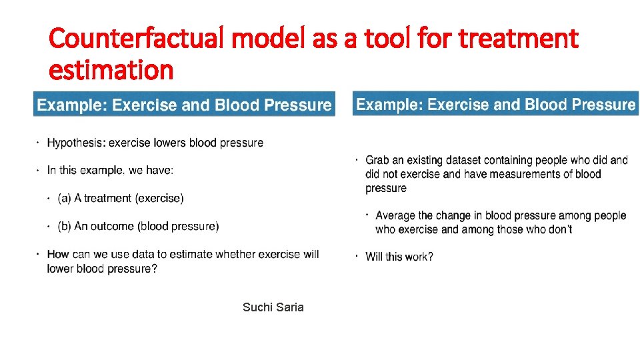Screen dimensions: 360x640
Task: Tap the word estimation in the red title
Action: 111,69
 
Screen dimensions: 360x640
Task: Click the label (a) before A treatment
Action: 65,198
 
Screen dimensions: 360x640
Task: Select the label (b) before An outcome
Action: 65,226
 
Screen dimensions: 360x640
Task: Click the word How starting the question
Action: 58,254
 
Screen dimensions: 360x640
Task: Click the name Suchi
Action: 257,307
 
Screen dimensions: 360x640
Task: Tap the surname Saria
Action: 289,307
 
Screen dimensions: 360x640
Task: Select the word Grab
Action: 377,160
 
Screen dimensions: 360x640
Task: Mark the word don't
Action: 559,229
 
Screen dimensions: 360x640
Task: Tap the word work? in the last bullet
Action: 419,257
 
